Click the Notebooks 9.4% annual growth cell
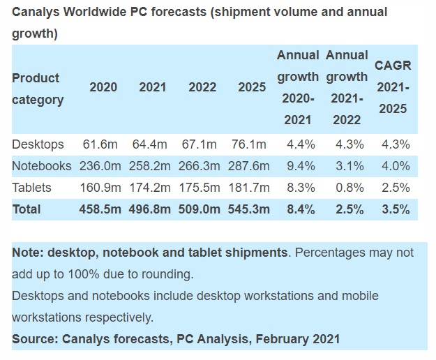299,166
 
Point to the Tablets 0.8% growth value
347,188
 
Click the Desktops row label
38,144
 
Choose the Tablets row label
31,188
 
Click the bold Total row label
27,209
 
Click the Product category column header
38,89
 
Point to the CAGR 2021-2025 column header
392,87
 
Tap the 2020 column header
103,87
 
